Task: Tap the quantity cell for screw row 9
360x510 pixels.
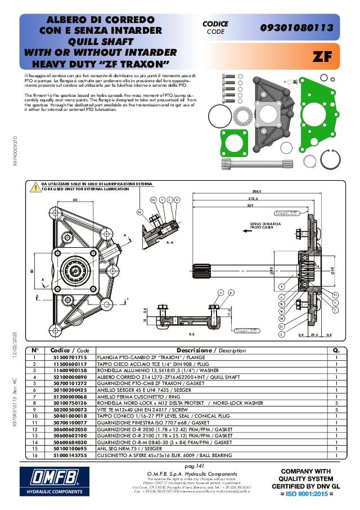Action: click(336, 409)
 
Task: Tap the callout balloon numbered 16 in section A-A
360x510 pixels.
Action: click(140, 212)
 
